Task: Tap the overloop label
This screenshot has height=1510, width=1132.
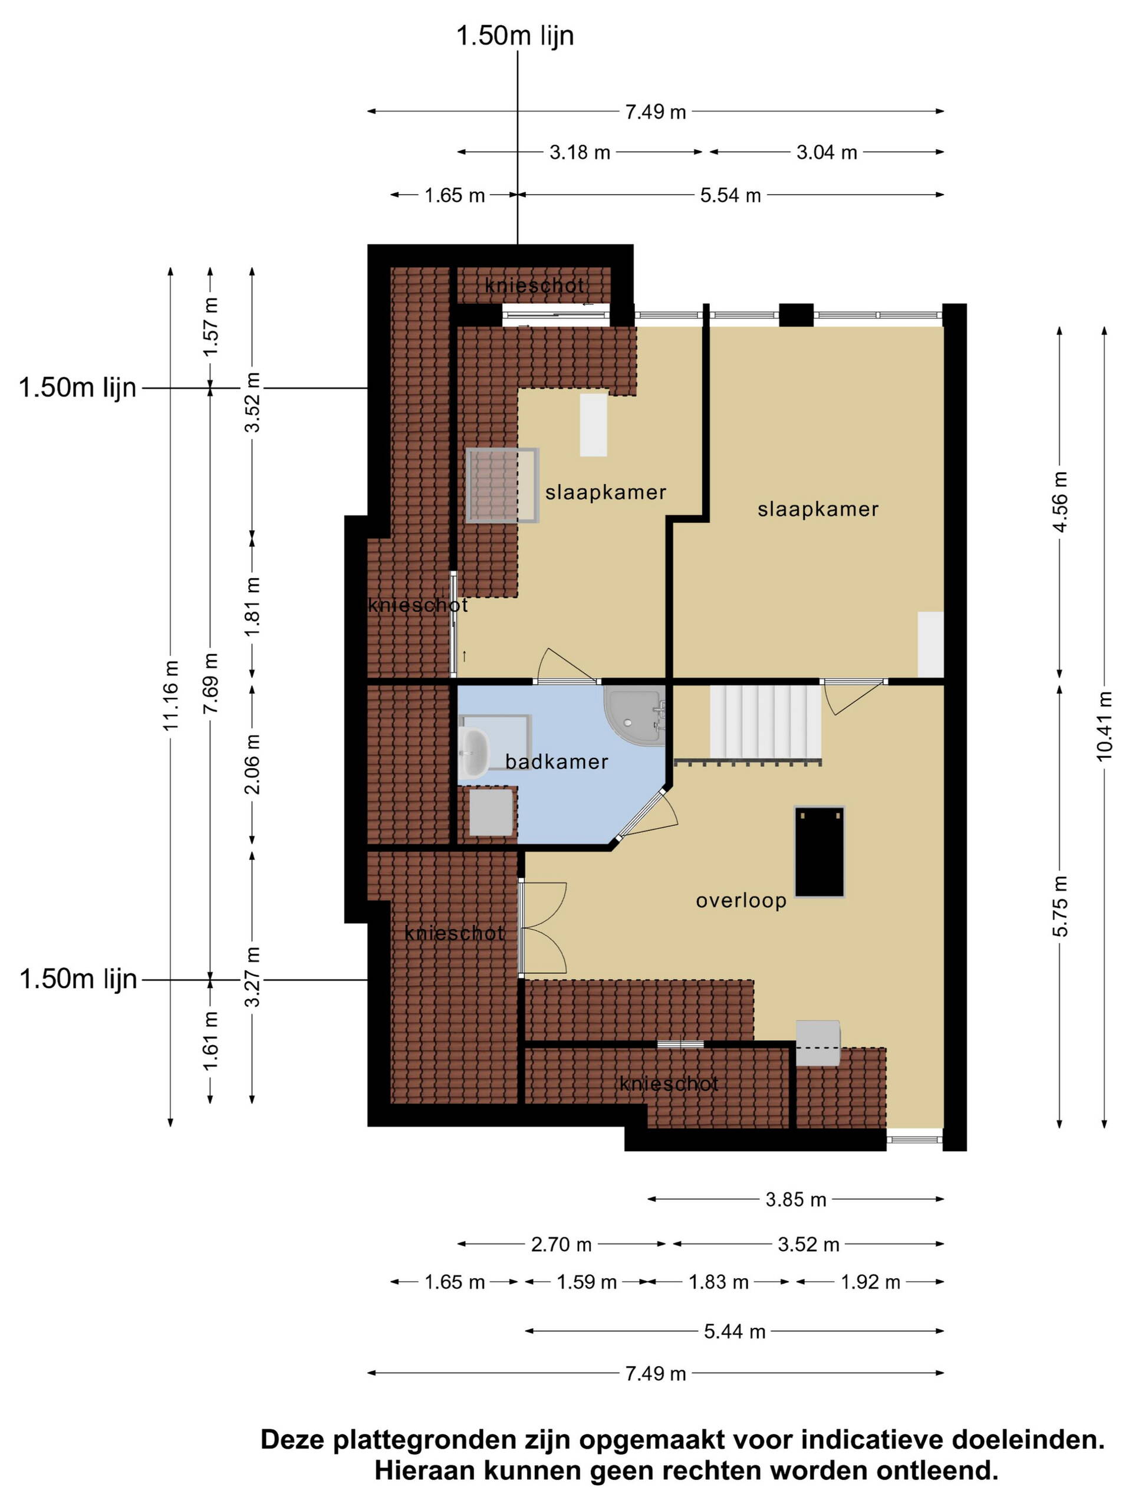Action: [741, 901]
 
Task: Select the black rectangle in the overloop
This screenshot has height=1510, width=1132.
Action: [820, 851]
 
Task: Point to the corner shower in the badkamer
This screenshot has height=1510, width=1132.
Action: [634, 716]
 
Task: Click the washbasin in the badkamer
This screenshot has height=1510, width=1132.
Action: [473, 754]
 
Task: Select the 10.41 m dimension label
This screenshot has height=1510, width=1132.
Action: [1104, 726]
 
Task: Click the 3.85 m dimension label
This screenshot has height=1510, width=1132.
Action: [795, 1199]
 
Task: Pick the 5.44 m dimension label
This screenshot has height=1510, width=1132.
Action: [735, 1331]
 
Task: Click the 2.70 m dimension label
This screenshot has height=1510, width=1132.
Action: [561, 1245]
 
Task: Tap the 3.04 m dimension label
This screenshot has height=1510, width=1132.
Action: [827, 152]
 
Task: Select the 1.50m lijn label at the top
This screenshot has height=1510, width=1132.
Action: [515, 35]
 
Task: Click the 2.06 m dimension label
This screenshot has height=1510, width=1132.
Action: [252, 764]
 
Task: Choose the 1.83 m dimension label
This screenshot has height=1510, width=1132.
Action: [719, 1282]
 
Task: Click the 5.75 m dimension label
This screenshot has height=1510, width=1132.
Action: [1059, 906]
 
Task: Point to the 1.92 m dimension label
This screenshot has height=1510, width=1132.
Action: [871, 1282]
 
